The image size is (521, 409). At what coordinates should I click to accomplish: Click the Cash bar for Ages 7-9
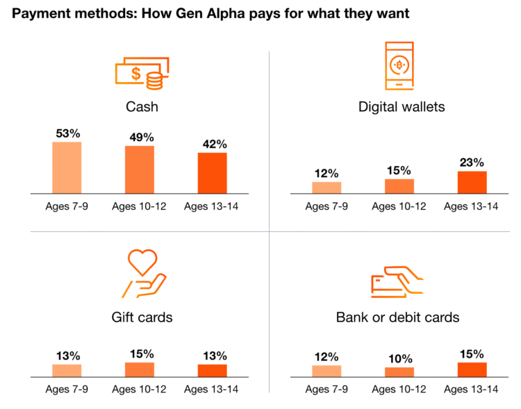pyautogui.click(x=67, y=167)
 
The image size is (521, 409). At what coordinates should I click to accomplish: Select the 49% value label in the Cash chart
pyautogui.click(x=140, y=137)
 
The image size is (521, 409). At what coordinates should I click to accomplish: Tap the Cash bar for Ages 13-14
pyautogui.click(x=212, y=173)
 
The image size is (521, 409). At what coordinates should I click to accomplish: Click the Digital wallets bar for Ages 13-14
pyautogui.click(x=472, y=182)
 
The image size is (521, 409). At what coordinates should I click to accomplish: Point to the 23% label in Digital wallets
pyautogui.click(x=472, y=162)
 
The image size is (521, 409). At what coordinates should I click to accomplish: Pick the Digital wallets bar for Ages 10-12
pyautogui.click(x=399, y=186)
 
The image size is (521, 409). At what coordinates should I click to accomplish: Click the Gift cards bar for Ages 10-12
pyautogui.click(x=140, y=369)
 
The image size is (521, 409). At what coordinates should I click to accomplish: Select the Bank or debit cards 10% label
pyautogui.click(x=399, y=359)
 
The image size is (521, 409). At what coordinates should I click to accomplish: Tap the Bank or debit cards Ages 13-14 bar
pyautogui.click(x=472, y=369)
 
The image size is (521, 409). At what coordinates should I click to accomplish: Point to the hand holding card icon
pyautogui.click(x=399, y=281)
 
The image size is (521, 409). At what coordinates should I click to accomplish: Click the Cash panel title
pyautogui.click(x=142, y=107)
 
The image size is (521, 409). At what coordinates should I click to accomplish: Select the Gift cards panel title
pyautogui.click(x=142, y=317)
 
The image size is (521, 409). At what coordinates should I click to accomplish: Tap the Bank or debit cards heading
pyautogui.click(x=398, y=317)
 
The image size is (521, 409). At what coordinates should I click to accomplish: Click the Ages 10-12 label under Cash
pyautogui.click(x=140, y=206)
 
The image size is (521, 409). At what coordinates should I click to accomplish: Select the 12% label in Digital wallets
pyautogui.click(x=326, y=173)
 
